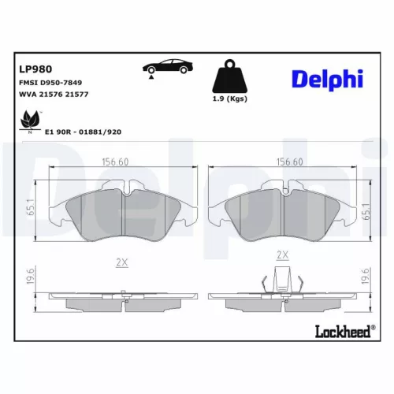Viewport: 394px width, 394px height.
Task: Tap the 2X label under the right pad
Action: point(283,255)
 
